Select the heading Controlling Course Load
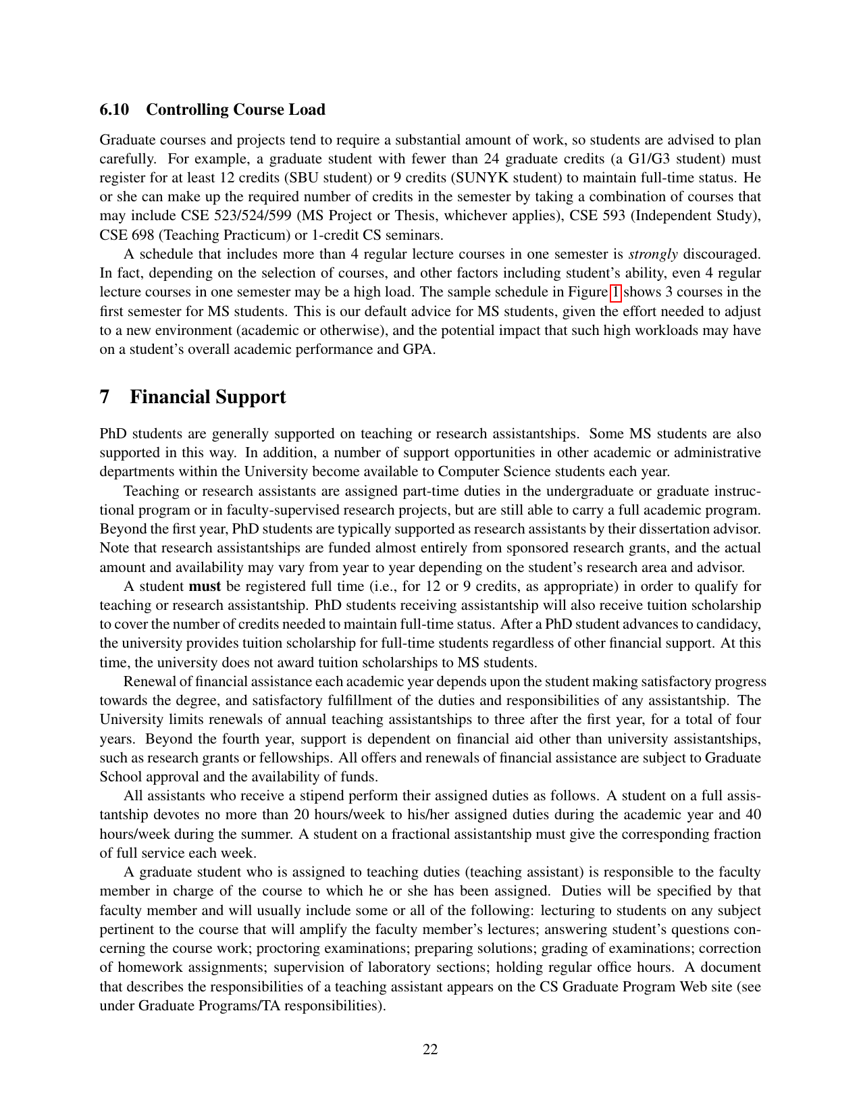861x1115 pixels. [235, 109]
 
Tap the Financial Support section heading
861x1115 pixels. [207, 396]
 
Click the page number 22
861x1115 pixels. [430, 1049]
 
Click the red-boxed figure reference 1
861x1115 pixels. [615, 292]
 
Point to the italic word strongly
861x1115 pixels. [652, 254]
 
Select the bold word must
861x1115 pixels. [205, 586]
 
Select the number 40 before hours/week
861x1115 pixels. [752, 814]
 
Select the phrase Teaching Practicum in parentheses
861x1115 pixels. [204, 235]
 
